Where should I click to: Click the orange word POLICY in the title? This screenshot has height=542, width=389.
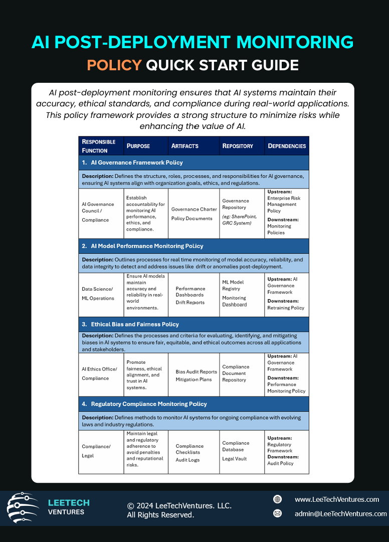click(114, 65)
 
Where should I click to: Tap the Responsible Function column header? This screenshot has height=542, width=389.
click(99, 146)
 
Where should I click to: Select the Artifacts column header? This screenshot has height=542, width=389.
click(185, 146)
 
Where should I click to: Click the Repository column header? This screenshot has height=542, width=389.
click(238, 146)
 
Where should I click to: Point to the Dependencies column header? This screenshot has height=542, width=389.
click(287, 146)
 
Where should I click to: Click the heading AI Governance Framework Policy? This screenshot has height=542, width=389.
click(136, 163)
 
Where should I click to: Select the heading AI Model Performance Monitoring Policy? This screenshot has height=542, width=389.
click(147, 246)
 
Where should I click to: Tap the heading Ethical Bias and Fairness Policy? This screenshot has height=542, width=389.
click(135, 325)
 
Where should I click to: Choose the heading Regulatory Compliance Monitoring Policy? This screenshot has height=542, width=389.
click(149, 404)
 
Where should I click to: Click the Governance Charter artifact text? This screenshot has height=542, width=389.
click(194, 209)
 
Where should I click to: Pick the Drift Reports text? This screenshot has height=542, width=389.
click(190, 303)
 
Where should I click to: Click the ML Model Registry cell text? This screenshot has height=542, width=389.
click(233, 285)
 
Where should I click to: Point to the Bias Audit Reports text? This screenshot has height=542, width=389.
click(196, 372)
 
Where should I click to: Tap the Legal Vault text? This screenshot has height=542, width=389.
click(234, 459)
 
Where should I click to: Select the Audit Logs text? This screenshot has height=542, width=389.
click(187, 460)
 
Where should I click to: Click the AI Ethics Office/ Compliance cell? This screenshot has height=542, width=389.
click(99, 374)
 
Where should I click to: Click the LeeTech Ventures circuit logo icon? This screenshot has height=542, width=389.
click(23, 508)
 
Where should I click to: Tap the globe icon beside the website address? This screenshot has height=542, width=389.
click(277, 499)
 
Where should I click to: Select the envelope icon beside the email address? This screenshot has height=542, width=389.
click(277, 513)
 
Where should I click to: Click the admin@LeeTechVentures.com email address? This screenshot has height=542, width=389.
click(340, 513)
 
